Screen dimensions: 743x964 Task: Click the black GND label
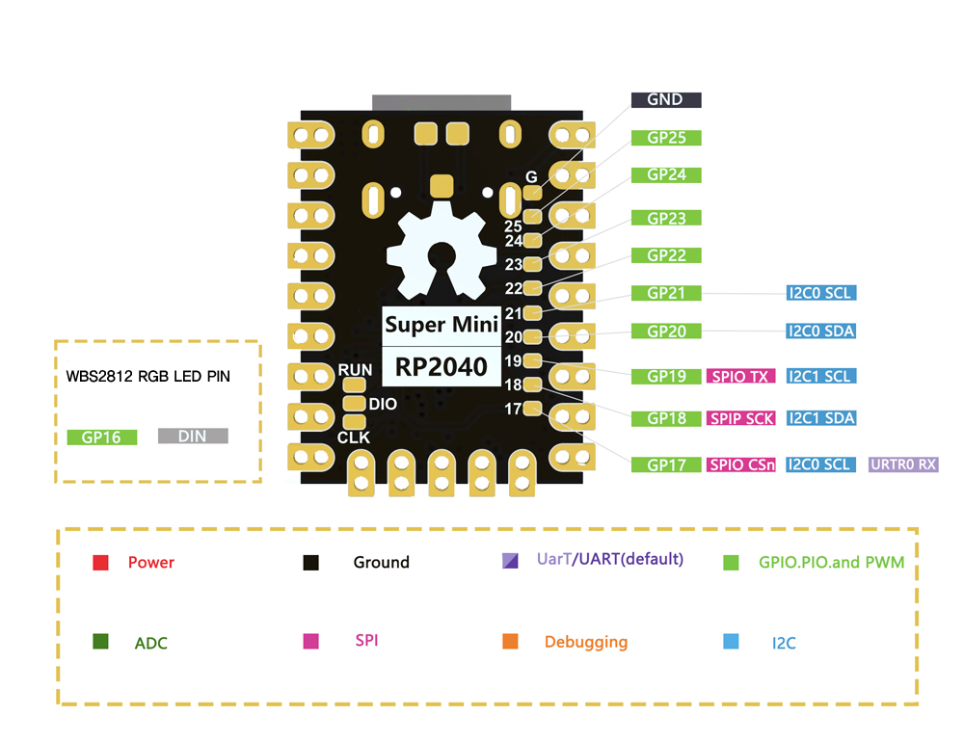click(665, 99)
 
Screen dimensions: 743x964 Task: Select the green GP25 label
click(665, 138)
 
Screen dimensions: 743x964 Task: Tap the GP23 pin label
click(665, 218)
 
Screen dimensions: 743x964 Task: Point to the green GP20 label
click(665, 331)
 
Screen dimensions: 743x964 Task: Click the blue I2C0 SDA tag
click(820, 331)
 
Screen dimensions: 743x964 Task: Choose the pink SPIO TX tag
click(740, 376)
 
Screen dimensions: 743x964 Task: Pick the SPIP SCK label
click(740, 418)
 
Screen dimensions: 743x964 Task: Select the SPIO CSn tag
click(740, 464)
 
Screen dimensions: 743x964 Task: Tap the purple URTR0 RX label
click(903, 464)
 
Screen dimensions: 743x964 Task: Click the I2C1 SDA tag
click(820, 418)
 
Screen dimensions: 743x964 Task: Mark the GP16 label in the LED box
click(102, 437)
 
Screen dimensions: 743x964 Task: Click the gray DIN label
click(193, 437)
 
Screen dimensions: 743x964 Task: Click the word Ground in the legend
click(381, 563)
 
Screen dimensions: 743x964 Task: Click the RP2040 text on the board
click(442, 366)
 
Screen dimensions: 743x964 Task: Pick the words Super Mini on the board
click(442, 325)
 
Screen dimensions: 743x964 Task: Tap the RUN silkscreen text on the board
click(355, 370)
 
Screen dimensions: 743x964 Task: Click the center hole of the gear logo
click(442, 254)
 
